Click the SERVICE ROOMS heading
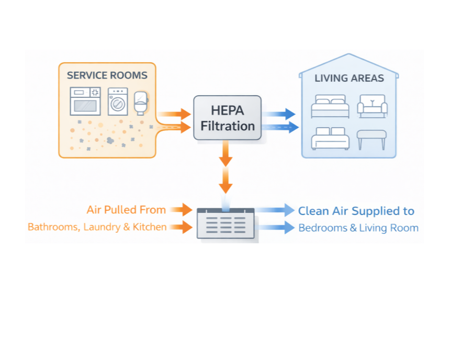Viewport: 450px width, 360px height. click(x=107, y=75)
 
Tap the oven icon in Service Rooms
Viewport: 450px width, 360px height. click(x=85, y=101)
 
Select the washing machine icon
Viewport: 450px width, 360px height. click(x=118, y=102)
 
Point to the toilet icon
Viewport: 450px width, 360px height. click(x=140, y=103)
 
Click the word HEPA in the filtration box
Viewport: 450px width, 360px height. click(x=228, y=111)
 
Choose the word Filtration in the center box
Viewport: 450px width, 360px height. click(x=228, y=126)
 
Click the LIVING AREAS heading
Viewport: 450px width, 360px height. click(x=349, y=78)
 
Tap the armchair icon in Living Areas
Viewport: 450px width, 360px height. click(x=372, y=106)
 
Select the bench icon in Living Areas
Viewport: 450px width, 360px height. click(x=372, y=138)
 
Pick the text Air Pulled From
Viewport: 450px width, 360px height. click(x=126, y=210)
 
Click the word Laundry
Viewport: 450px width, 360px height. click(x=101, y=227)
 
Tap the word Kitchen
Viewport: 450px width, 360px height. click(x=151, y=227)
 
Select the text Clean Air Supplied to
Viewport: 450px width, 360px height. click(x=356, y=211)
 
